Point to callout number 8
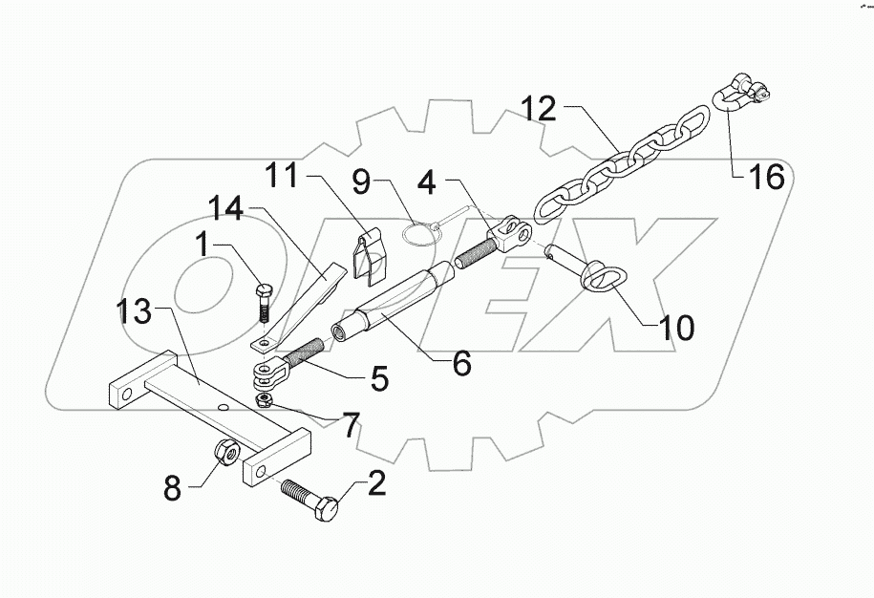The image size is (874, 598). [172, 490]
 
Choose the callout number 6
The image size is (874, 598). [461, 362]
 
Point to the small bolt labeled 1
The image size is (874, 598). [265, 298]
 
